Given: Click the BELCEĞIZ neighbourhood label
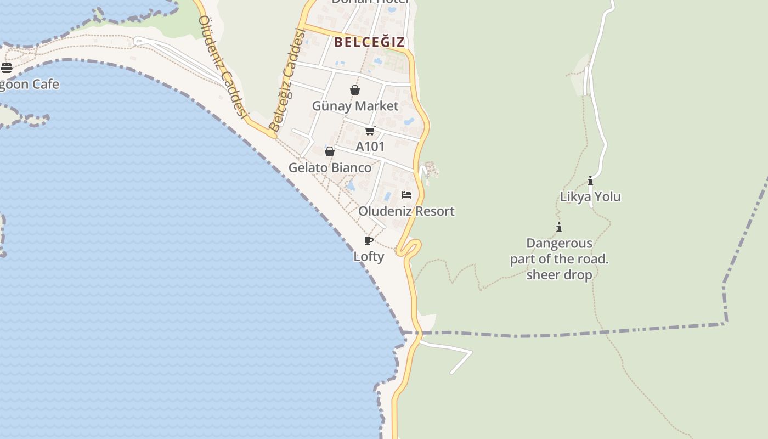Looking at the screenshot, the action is [369, 42].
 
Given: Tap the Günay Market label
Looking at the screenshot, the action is [355, 106].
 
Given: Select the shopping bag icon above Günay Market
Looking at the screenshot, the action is [355, 90].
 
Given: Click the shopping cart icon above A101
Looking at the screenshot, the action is [370, 131].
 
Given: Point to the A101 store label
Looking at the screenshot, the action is [370, 147].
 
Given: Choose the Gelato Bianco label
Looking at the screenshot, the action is [330, 167].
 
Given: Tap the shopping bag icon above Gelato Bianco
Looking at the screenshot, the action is [330, 151].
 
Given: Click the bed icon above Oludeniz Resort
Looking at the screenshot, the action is [406, 195].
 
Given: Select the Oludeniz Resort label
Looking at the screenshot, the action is [406, 211].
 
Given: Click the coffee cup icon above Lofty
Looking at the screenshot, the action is [369, 240].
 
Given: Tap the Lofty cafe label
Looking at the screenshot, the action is [369, 256].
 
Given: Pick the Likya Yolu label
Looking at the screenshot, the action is [590, 196].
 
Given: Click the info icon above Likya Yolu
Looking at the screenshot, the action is [590, 181].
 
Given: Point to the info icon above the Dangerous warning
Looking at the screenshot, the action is [559, 227].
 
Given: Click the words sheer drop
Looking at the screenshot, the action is [559, 275].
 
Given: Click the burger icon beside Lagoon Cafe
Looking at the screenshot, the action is [7, 68].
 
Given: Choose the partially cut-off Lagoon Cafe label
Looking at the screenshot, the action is [29, 85].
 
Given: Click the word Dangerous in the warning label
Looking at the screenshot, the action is [559, 243].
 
